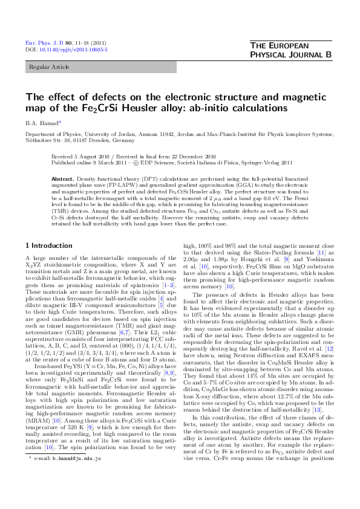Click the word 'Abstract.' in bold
tap(62, 180)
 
